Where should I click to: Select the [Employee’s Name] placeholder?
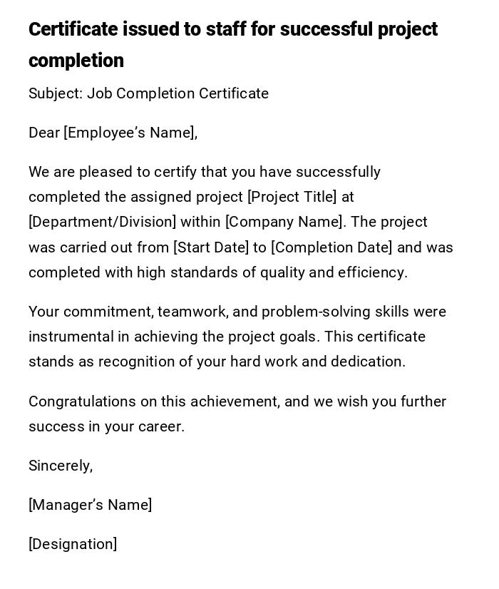129,133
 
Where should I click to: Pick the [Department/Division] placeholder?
102,222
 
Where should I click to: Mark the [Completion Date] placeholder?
331,247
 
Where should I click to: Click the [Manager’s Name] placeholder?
90,505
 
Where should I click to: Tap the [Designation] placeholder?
73,544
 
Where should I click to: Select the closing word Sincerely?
59,466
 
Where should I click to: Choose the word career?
164,426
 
